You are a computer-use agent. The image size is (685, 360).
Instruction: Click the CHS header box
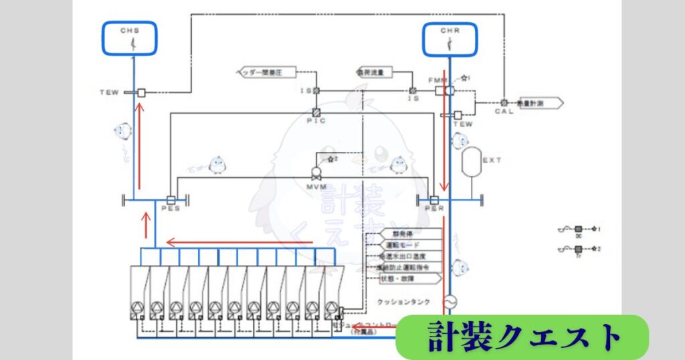coord(130,39)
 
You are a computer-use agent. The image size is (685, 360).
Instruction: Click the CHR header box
coord(450,39)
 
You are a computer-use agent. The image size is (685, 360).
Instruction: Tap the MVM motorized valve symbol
coord(316,171)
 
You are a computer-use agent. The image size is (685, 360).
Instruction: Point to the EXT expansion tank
coord(472,161)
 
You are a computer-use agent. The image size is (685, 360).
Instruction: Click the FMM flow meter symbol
coord(442,90)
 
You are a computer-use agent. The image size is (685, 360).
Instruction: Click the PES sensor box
coord(171,199)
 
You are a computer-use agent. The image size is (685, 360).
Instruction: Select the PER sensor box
coord(433,199)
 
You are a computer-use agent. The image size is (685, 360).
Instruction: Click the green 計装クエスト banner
coord(522,337)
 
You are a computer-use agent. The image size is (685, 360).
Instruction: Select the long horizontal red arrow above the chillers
coord(221,242)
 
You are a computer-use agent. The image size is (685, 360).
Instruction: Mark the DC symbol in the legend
coord(578,229)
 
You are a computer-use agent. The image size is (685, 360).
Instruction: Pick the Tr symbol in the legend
coord(578,250)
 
